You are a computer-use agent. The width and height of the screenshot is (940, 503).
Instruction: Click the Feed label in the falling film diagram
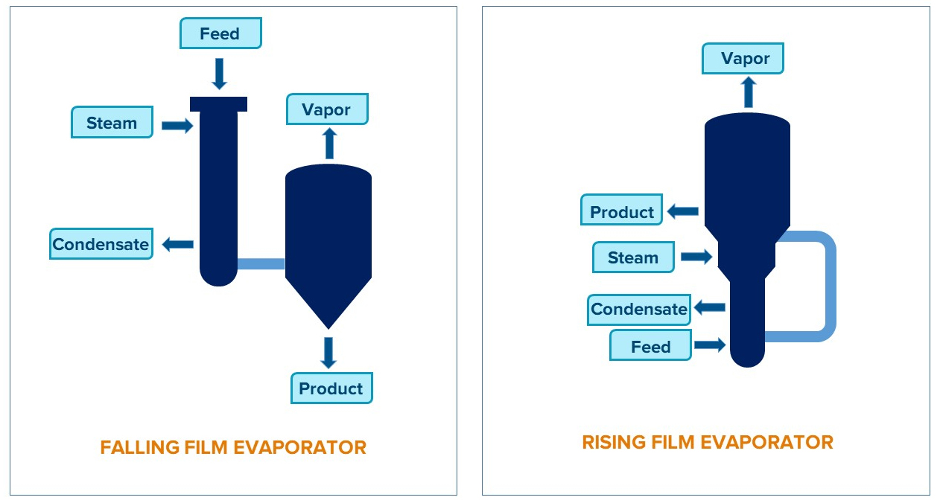click(x=220, y=34)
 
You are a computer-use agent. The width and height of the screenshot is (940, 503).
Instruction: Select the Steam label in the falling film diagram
click(x=112, y=123)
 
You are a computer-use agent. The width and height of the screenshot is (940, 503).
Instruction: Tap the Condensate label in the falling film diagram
click(x=101, y=244)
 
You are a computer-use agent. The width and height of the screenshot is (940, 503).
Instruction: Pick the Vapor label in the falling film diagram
click(x=326, y=110)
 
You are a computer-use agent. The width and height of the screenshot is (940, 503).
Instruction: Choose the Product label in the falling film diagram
click(x=331, y=388)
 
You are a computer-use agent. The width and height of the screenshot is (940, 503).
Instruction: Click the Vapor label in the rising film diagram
click(x=743, y=59)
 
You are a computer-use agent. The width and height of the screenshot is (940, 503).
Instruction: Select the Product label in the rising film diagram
click(x=622, y=212)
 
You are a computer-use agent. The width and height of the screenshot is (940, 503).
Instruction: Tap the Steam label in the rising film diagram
click(x=633, y=257)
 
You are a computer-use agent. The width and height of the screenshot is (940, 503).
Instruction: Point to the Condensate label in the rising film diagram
click(x=638, y=310)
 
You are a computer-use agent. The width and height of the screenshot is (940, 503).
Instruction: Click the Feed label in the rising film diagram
click(x=650, y=347)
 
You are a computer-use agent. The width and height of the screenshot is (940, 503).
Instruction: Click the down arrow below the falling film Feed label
click(x=219, y=73)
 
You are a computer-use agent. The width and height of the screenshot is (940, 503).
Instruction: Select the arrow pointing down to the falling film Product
click(x=328, y=353)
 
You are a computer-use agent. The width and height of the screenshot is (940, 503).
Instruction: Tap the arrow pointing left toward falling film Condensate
click(x=178, y=244)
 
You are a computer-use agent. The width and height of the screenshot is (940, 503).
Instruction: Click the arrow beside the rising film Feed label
click(x=710, y=345)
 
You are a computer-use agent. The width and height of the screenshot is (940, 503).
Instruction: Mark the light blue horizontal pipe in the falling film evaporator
click(x=261, y=263)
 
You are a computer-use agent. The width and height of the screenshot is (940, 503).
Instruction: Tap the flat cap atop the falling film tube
click(x=218, y=103)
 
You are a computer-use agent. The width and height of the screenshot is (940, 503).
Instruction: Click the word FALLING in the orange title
click(x=140, y=448)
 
